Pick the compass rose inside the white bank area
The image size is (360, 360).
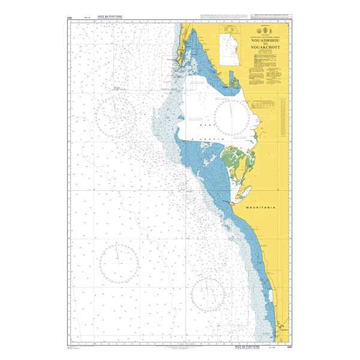point(233,117)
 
